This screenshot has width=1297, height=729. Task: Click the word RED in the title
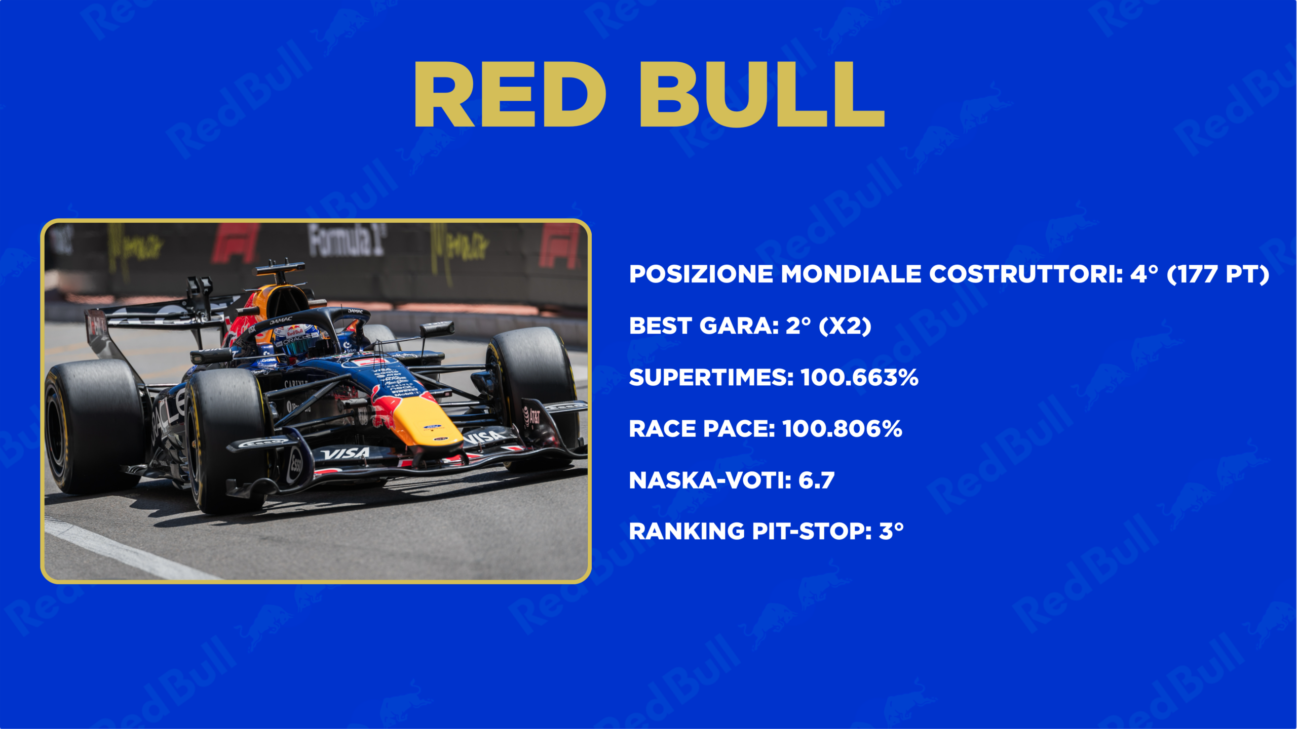coord(510,94)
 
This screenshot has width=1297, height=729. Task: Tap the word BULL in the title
coord(762,94)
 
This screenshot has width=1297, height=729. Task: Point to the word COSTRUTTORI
coord(1025,274)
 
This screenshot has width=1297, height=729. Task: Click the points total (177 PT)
coord(1218,274)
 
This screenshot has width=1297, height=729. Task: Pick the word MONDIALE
coord(851,274)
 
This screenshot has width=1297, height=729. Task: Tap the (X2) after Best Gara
coord(845,326)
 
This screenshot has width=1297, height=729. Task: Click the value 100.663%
coord(860,377)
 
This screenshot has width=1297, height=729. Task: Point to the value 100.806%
coord(843,429)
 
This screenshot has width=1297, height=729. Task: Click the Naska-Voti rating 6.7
coord(816,480)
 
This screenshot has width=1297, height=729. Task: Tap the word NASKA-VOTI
coord(710,480)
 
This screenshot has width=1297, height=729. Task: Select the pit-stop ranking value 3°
coord(891,531)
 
